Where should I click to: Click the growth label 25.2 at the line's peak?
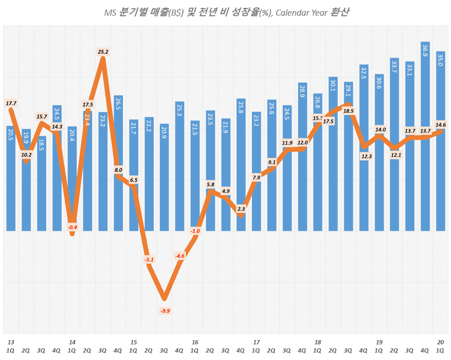[x=103, y=52]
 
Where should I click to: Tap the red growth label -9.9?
[x=166, y=311]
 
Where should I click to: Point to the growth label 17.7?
[x=11, y=104]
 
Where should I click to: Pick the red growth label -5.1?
[x=149, y=260]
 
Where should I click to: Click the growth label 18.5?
[x=348, y=111]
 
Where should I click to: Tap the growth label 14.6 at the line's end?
[x=440, y=124]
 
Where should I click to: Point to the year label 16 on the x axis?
[x=195, y=342]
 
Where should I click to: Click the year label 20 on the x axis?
[x=440, y=342]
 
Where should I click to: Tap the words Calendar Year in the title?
[x=302, y=13]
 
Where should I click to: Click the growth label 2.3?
[x=241, y=209]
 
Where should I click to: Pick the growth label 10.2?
[x=26, y=155]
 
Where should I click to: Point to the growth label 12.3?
[x=365, y=156]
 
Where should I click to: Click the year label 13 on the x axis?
[x=11, y=342]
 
